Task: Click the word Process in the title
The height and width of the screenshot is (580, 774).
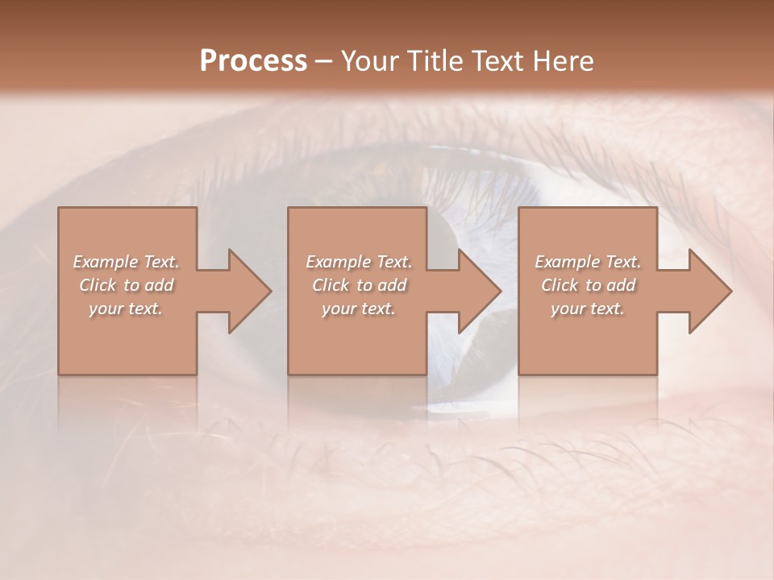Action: click(x=253, y=61)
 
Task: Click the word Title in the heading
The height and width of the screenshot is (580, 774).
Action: click(x=435, y=61)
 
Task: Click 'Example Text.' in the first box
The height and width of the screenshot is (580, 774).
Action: click(x=126, y=262)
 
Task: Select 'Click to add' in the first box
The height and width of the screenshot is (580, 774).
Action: click(x=127, y=285)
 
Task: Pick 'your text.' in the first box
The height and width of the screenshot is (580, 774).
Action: click(x=126, y=309)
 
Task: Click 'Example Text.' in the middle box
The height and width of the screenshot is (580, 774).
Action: click(x=358, y=262)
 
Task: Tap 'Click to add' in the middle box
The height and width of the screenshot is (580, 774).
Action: click(x=359, y=285)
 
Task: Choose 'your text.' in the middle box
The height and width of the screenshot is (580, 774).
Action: click(x=358, y=309)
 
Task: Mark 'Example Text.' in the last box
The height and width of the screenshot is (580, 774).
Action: click(x=588, y=262)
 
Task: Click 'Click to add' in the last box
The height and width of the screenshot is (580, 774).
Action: click(x=588, y=285)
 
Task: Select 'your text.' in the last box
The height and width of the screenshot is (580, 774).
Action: click(x=588, y=309)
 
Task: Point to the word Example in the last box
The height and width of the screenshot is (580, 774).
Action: click(x=568, y=262)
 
